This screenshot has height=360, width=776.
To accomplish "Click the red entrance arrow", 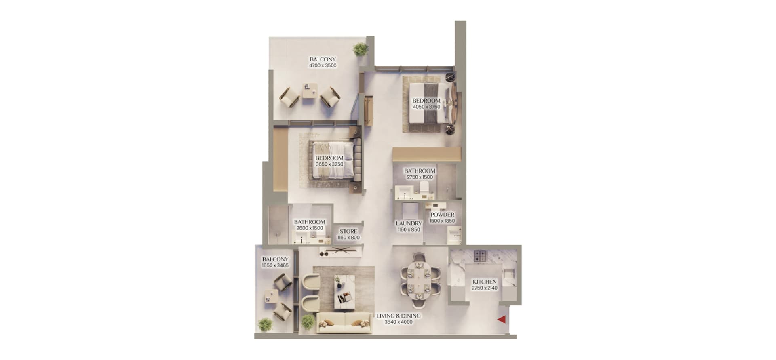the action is tap(502, 320).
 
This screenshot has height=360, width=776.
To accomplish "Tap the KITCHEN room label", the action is tap(484, 282).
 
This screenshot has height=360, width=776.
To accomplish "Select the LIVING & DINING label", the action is tap(398, 316).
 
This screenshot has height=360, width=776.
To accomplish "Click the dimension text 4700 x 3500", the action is tap(323, 65).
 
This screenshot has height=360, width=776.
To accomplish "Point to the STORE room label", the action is tap(348, 232).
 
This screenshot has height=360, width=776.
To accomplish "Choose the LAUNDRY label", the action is tap(409, 223).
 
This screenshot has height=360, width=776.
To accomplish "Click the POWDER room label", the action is tap(442, 215).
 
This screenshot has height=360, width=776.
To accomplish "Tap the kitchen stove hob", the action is tap(481, 256).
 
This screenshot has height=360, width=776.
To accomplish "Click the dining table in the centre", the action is tap(417, 280).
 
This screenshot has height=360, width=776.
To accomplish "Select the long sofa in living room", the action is tap(344, 323).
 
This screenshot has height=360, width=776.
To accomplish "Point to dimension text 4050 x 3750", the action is tap(426, 107).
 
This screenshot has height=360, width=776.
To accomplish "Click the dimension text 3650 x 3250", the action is tap(329, 164).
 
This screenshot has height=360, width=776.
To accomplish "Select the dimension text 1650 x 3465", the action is tap(275, 266).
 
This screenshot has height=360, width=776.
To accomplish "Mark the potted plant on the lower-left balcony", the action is tap(266, 324).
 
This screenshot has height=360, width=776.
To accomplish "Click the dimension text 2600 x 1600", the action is tap(310, 228).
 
